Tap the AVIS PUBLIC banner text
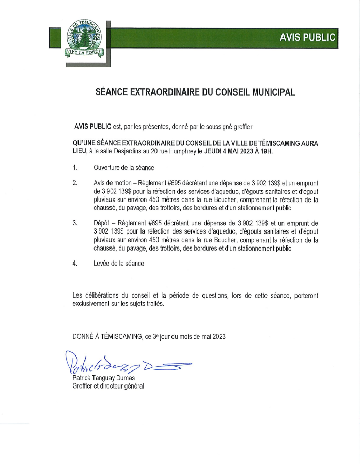click(307, 37)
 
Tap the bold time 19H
click(278, 151)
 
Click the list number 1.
click(75, 168)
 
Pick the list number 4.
click(75, 264)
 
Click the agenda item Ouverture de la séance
click(124, 168)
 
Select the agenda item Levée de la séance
click(119, 264)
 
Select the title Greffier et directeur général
click(108, 385)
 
